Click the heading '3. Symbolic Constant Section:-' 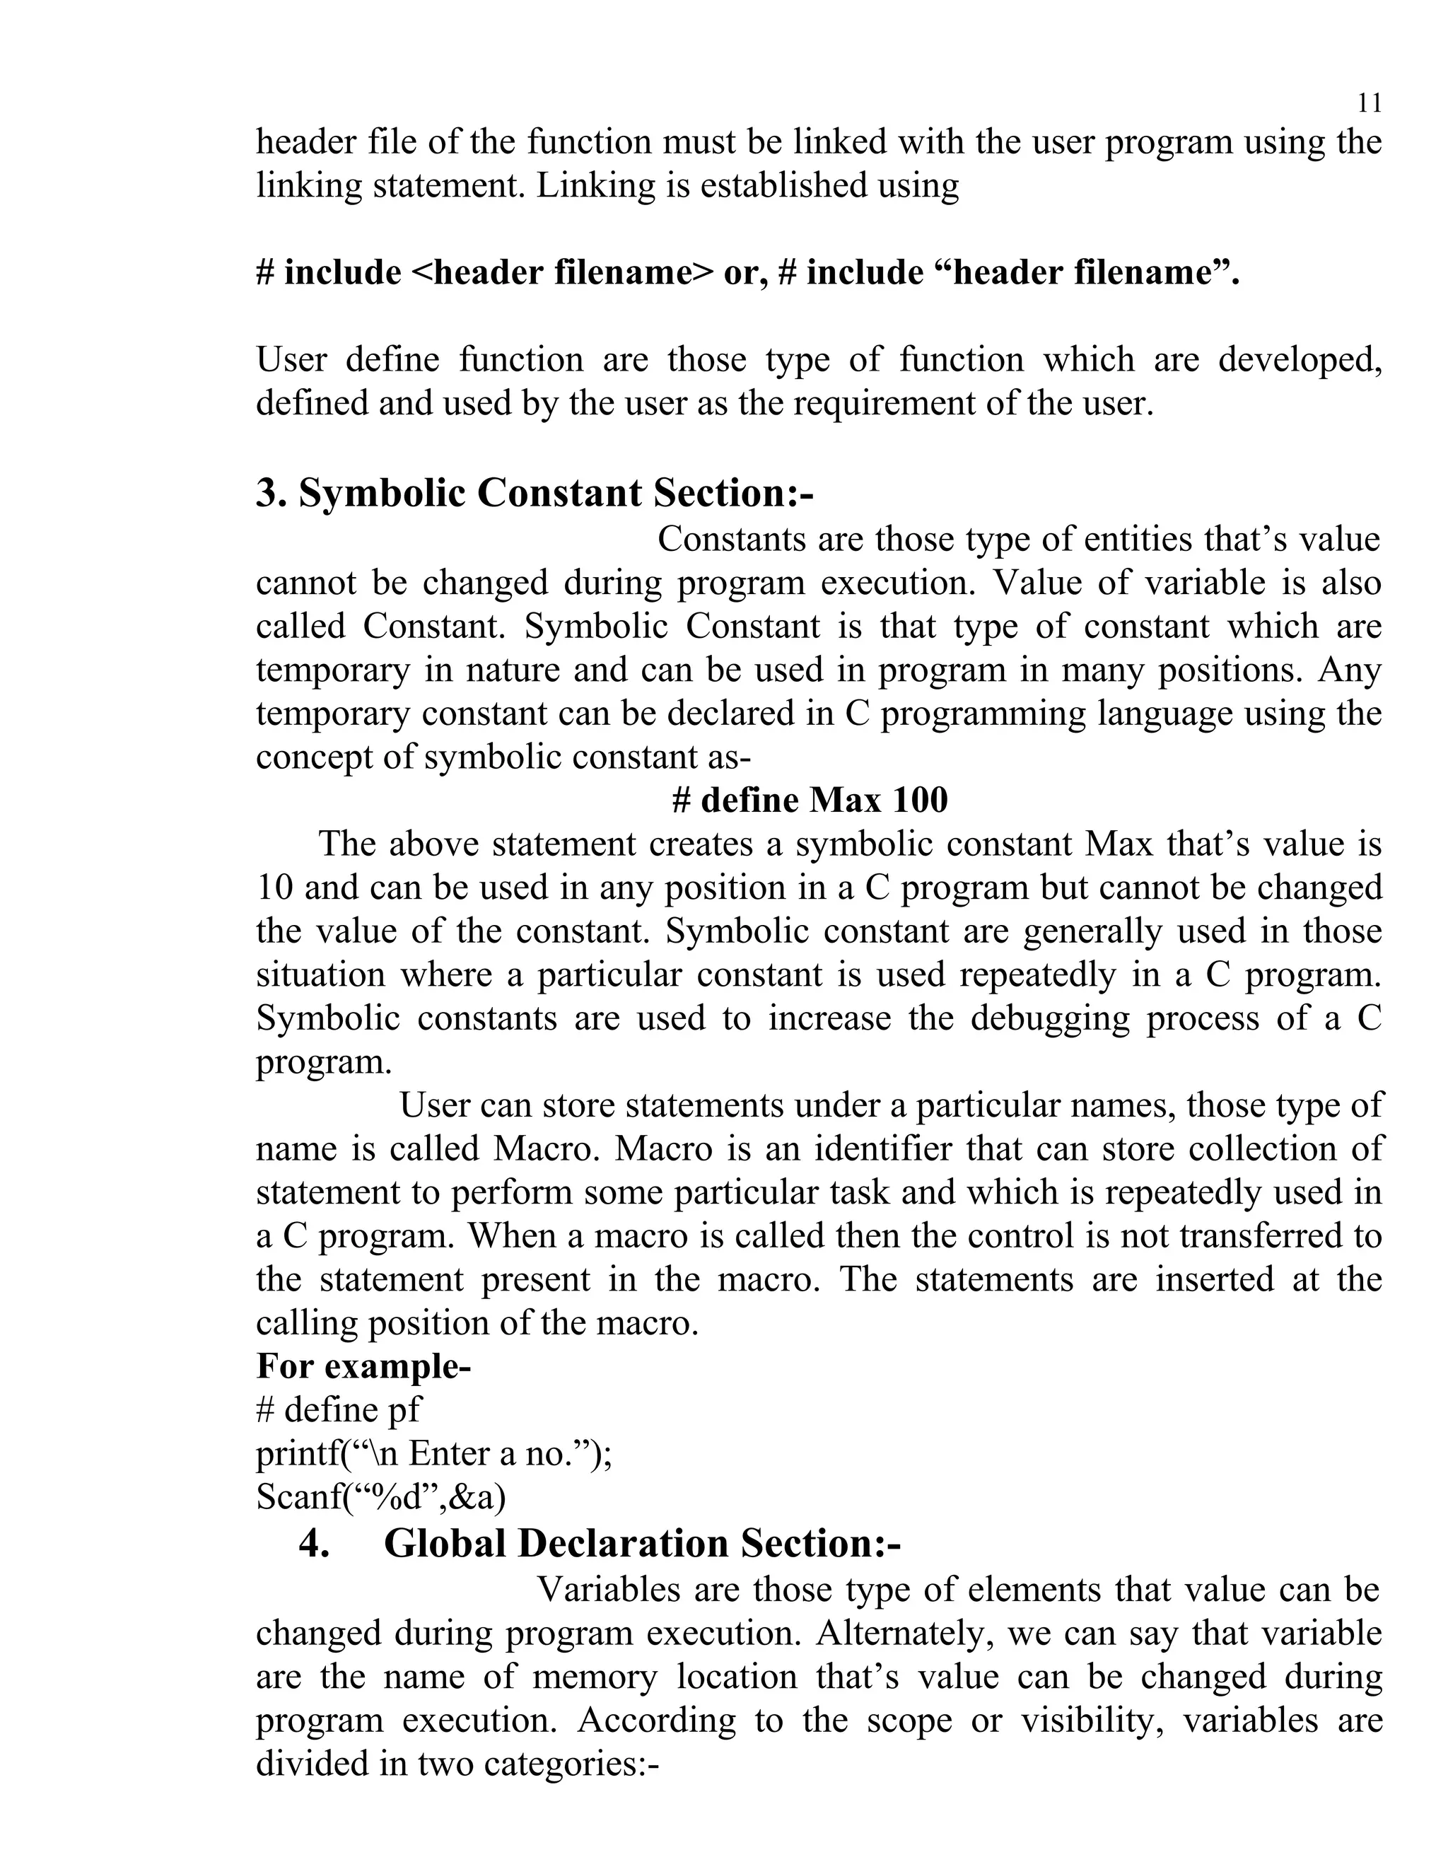point(535,494)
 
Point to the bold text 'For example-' point(363,1367)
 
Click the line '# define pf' point(339,1411)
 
